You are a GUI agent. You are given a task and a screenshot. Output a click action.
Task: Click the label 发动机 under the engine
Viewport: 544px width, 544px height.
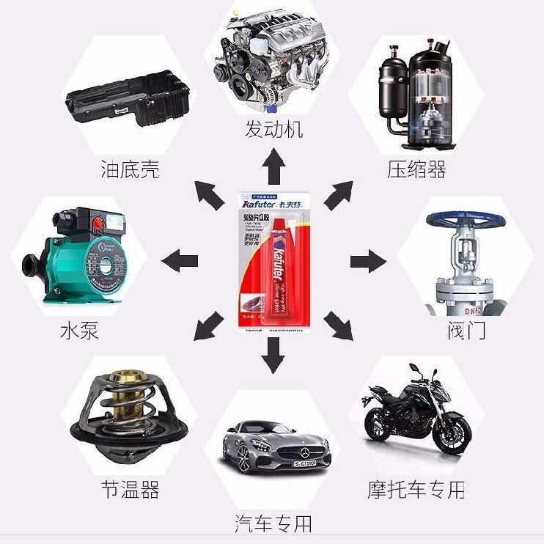pyautogui.click(x=273, y=130)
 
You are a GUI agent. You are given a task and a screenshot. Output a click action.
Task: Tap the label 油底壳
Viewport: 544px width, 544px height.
pyautogui.click(x=130, y=170)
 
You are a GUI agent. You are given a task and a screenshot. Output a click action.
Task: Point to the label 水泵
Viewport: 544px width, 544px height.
pyautogui.click(x=79, y=330)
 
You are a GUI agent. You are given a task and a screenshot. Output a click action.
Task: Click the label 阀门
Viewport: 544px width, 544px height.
pyautogui.click(x=466, y=330)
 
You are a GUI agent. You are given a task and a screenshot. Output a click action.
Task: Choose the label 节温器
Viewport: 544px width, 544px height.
pyautogui.click(x=130, y=488)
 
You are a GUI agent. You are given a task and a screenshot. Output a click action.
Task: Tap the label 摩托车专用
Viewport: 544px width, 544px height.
pyautogui.click(x=416, y=488)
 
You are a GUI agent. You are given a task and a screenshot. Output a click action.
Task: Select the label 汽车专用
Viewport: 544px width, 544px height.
pyautogui.click(x=273, y=523)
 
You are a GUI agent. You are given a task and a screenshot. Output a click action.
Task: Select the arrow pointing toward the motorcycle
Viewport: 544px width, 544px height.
pyautogui.click(x=339, y=325)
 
